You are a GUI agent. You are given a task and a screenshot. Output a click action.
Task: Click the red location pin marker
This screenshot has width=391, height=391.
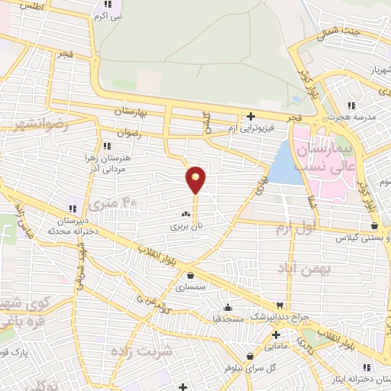tap(195, 179)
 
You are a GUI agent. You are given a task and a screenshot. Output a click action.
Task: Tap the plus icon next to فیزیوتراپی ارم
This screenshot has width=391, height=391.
tap(250, 117)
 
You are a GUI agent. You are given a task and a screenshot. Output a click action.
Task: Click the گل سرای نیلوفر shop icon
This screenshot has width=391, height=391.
tap(250, 355)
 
